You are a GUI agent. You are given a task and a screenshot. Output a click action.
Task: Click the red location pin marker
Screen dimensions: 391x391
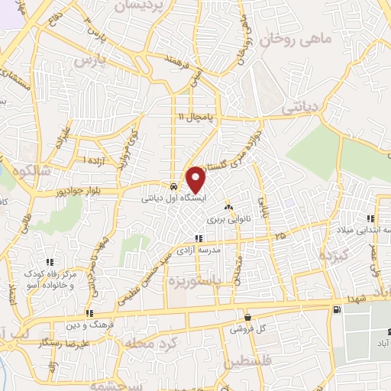point(196,179)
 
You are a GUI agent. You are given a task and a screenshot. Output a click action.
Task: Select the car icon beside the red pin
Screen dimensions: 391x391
point(174,186)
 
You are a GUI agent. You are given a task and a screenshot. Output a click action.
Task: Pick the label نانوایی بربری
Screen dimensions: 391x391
point(228,218)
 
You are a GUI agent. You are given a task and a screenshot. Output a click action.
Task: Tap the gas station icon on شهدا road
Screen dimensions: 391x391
point(337,309)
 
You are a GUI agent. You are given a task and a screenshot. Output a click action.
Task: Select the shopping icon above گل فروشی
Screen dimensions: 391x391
point(247,317)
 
